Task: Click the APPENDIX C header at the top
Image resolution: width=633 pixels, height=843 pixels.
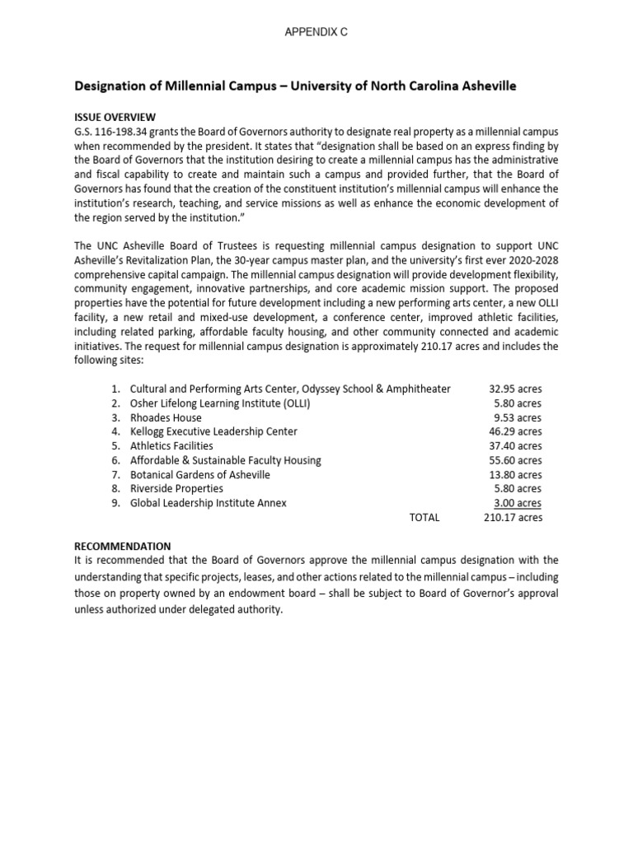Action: [x=316, y=31]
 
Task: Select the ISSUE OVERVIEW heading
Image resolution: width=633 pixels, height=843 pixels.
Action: [x=115, y=117]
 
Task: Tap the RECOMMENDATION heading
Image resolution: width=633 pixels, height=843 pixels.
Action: [x=123, y=546]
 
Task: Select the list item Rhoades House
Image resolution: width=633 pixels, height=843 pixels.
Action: [x=166, y=417]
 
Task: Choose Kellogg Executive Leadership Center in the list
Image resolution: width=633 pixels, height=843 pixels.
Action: [x=213, y=431]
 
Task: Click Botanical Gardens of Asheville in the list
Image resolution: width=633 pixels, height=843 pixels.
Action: [x=200, y=475]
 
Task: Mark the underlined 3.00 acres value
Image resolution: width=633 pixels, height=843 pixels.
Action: [x=518, y=503]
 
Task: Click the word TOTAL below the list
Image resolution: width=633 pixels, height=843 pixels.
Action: [x=424, y=518]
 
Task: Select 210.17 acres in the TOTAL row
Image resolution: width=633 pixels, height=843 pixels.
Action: [x=513, y=518]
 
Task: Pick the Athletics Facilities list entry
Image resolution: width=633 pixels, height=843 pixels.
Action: [x=171, y=446]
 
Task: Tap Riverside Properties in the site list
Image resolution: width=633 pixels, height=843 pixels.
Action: [x=176, y=489]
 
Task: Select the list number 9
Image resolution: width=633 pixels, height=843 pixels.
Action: [x=115, y=503]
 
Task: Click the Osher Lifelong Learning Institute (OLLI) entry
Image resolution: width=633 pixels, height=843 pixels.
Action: [x=220, y=403]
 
